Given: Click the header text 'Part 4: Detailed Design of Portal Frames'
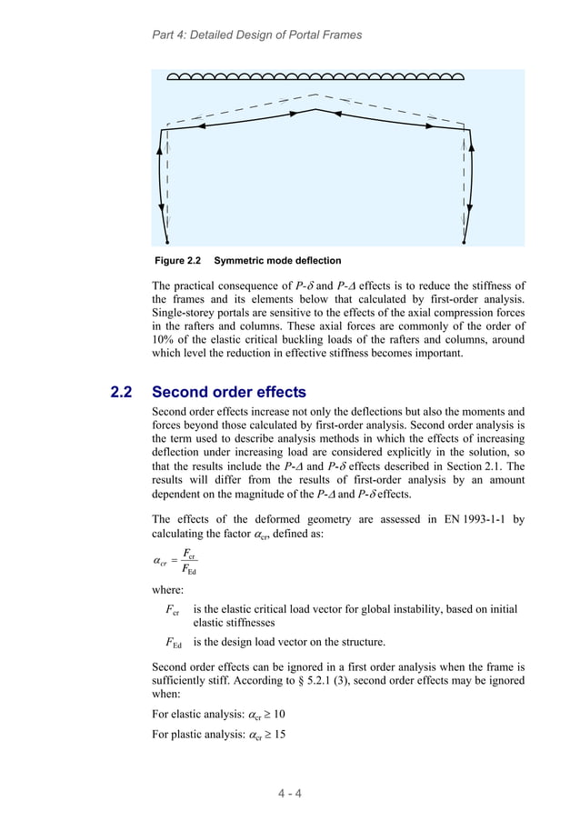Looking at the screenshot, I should pos(255,35).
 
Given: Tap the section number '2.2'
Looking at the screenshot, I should pos(121,393).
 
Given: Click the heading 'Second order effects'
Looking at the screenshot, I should pos(228,393).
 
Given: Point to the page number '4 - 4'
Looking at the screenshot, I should pos(289,792).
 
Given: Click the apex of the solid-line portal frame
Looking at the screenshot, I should pos(315,111).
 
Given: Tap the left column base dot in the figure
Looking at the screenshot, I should pos(167,243).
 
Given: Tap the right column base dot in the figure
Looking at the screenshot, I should pos(464,243).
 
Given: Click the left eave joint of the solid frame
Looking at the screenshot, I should pos(164,129).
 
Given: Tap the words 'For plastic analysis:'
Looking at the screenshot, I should pos(197,736).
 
